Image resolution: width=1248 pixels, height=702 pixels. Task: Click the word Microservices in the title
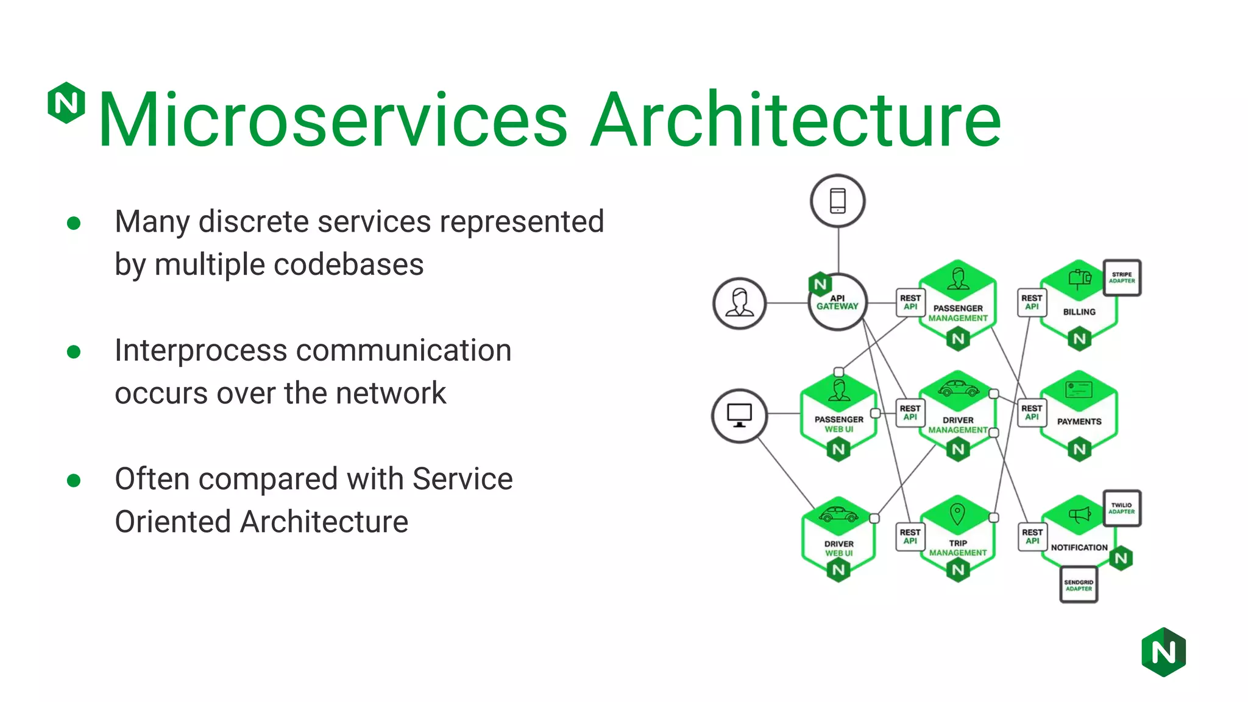pos(333,119)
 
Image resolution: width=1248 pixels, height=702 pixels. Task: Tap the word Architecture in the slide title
pos(796,119)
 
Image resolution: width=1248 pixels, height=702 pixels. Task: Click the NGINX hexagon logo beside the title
pos(66,102)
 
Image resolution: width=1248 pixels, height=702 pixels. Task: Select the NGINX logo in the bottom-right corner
pos(1163,652)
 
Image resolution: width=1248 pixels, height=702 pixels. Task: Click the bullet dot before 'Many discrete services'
pos(74,223)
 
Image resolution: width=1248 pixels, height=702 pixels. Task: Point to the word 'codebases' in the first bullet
pos(350,265)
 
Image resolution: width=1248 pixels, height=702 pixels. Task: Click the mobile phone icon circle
pos(838,201)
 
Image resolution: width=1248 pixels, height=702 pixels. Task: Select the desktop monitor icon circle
pos(740,416)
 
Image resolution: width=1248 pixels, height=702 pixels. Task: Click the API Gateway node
pos(838,302)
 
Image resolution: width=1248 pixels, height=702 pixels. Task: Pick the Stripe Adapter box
pos(1122,278)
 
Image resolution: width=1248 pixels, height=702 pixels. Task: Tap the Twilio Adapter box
pos(1122,508)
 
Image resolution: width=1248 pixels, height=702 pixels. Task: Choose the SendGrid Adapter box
pos(1079,585)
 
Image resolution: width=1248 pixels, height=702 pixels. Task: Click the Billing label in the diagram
pos(1079,312)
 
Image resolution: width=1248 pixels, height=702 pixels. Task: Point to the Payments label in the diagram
pos(1079,422)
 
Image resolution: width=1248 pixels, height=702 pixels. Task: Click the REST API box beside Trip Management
pos(910,536)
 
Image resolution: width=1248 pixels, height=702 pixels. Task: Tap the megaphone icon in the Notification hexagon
pos(1079,516)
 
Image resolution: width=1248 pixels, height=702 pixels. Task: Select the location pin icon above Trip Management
pos(957,514)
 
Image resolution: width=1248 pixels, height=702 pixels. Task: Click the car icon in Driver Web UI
pos(838,515)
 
